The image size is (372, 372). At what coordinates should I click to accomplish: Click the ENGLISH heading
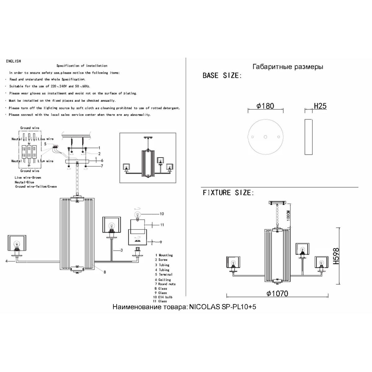[x=13, y=61]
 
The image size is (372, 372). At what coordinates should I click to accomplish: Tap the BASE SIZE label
[x=222, y=76]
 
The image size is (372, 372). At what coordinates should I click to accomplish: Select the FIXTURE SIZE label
[x=228, y=193]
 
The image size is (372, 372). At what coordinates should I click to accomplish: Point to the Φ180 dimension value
[x=265, y=106]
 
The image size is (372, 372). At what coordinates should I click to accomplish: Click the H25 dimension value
[x=320, y=106]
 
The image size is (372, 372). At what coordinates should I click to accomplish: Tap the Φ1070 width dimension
[x=278, y=294]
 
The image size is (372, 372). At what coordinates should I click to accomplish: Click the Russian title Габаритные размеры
[x=288, y=67]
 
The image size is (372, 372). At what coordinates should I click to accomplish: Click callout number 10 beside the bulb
[x=162, y=214]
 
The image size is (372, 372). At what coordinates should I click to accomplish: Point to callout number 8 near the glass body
[x=105, y=272]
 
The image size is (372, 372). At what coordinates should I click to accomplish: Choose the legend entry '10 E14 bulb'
[x=164, y=297]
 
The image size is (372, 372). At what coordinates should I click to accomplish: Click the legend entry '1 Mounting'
[x=164, y=255]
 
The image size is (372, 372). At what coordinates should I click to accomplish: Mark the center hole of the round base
[x=265, y=137]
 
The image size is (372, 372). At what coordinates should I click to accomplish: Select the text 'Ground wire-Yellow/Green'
[x=36, y=187]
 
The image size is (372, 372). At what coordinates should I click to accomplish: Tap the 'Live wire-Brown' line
[x=28, y=178]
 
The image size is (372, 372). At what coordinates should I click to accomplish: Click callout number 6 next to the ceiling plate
[x=102, y=160]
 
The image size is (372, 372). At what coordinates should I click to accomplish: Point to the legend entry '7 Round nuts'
[x=165, y=284]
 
